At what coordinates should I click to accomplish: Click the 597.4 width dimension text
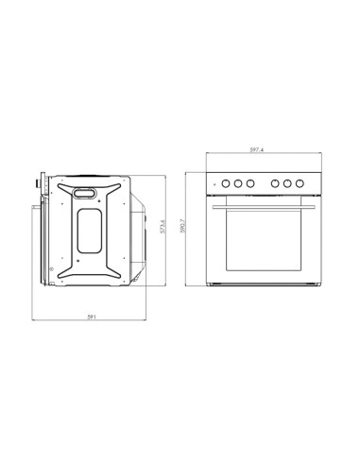[257, 151]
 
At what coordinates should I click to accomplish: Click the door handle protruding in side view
[39, 202]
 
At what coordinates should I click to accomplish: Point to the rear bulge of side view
[139, 232]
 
